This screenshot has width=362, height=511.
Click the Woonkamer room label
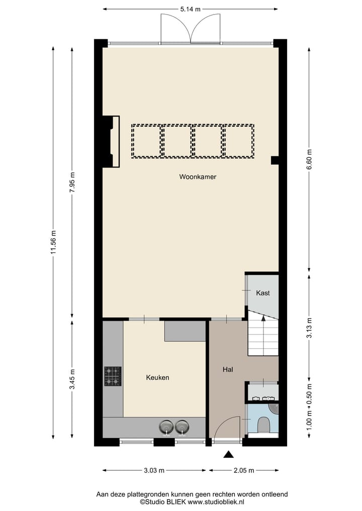198,177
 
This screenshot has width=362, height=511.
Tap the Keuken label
157,377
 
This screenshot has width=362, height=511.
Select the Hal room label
228,369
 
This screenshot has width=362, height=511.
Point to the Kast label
263,293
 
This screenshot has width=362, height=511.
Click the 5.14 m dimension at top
190,9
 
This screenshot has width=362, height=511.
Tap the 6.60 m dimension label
309,160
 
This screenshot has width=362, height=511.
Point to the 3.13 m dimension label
309,328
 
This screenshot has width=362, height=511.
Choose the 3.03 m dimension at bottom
154,471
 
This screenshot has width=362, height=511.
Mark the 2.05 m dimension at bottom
244,471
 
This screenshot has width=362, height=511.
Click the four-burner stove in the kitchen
113,376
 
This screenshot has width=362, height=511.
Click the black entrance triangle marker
229,455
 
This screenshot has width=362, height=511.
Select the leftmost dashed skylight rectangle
146,141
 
